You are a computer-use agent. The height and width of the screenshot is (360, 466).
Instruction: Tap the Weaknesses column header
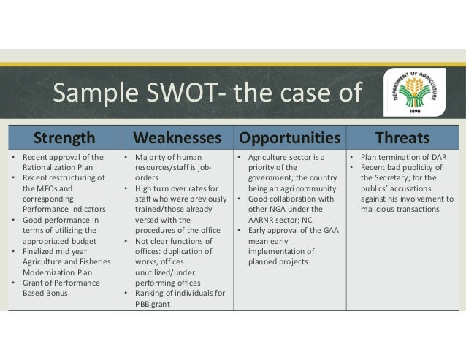point(176,138)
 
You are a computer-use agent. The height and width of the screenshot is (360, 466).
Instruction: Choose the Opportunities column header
point(290,138)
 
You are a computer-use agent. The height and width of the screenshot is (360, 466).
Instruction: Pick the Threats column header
point(402,138)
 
